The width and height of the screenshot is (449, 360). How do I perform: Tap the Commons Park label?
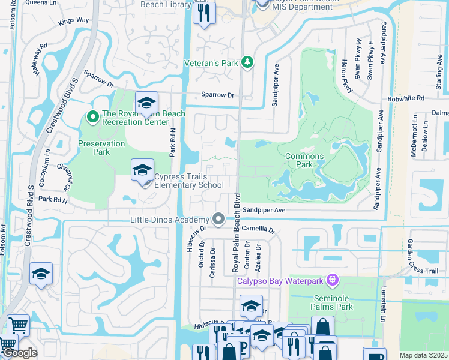304,160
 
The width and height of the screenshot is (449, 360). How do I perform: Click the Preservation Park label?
102,148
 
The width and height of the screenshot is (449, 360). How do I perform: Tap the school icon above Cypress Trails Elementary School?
142,170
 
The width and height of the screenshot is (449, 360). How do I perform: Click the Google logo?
19,353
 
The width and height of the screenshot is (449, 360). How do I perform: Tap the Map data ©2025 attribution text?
423,355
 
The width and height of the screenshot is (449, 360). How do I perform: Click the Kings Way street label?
74,21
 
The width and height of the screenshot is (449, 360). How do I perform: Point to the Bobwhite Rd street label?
406,98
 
